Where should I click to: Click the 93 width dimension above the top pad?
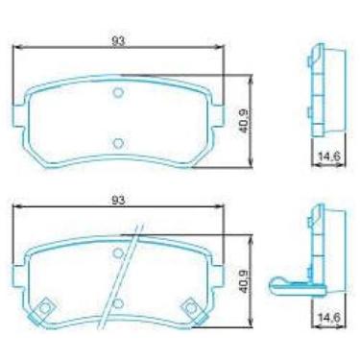pos(118,41)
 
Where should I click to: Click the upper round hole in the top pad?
pos(118,93)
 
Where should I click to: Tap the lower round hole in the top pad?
pos(118,142)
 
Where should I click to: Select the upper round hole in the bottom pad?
pos(118,253)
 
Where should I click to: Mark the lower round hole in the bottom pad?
pos(116,303)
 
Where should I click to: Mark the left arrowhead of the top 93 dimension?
pos(16,50)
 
